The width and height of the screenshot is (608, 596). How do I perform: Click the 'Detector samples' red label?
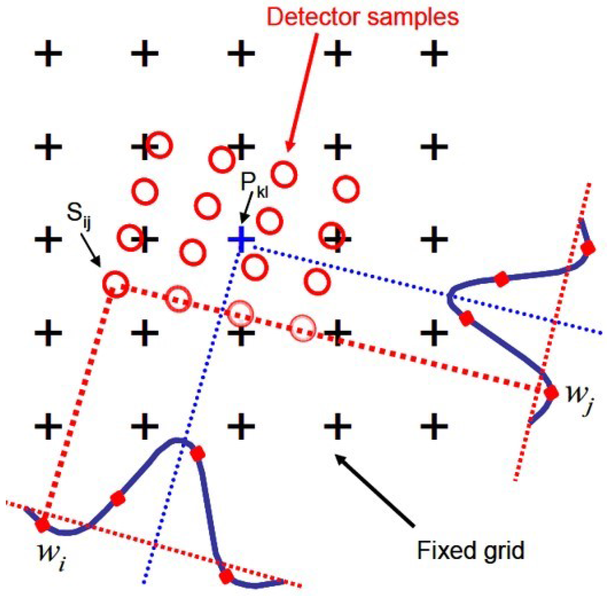coord(363,17)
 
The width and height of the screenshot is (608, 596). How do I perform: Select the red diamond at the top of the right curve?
coord(587,249)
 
